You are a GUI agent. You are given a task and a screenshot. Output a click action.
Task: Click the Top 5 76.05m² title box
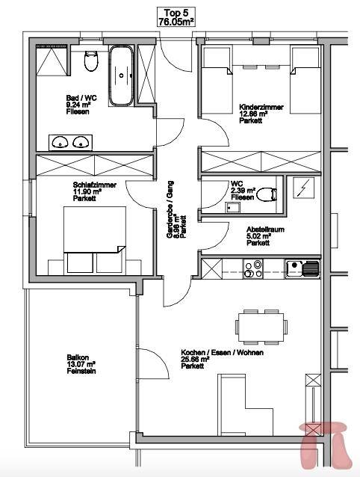pyautogui.click(x=176, y=17)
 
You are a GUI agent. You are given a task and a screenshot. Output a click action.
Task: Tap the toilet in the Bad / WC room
pyautogui.click(x=91, y=61)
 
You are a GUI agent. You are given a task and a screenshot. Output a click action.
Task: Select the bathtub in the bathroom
pyautogui.click(x=121, y=76)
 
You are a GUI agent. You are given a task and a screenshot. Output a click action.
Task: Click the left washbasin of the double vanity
pyautogui.click(x=60, y=142)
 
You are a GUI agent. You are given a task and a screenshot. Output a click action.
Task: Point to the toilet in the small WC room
pyautogui.click(x=267, y=194)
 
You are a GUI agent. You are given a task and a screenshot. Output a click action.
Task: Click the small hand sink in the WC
pyautogui.click(x=232, y=207)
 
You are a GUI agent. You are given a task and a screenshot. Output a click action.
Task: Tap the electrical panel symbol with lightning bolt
pyautogui.click(x=303, y=188)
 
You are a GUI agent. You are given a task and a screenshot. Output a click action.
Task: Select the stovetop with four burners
pyautogui.click(x=253, y=268)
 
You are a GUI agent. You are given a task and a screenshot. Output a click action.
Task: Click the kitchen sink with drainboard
pyautogui.click(x=303, y=269)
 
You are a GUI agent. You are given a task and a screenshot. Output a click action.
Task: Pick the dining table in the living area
pyautogui.click(x=261, y=327)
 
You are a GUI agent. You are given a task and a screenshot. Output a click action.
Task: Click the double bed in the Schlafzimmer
pyautogui.click(x=94, y=240)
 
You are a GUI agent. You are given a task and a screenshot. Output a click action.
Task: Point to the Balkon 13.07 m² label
pyautogui.click(x=81, y=364)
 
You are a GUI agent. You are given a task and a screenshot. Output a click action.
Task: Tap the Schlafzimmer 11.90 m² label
pyautogui.click(x=94, y=191)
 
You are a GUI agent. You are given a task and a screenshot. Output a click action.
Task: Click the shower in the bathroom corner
pyautogui.click(x=52, y=61)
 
